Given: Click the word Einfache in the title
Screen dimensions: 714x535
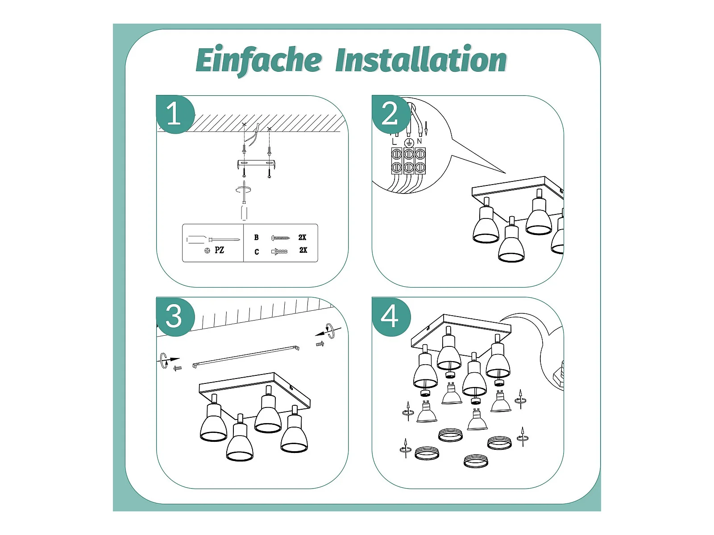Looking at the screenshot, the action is pos(258,60).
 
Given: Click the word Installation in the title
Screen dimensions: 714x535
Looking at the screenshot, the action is pos(421,60).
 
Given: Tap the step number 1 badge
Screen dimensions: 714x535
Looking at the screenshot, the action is pos(174,114).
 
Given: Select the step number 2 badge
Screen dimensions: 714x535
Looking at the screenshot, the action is pos(390,114).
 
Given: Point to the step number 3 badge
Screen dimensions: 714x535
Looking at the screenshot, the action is pos(174,317).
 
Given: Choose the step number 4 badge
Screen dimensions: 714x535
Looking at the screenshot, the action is pos(390,317).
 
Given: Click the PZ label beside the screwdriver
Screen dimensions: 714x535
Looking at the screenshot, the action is pos(219,250).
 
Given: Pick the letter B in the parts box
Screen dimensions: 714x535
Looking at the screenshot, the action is pos(257,238).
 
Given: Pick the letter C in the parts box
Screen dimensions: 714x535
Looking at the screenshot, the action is pos(257,252).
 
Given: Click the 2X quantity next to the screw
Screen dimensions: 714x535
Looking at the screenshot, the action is pos(302,238).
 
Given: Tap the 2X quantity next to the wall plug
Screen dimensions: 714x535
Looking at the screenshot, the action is pos(303,250).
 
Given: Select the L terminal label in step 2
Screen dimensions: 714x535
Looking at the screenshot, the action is pos(394,141).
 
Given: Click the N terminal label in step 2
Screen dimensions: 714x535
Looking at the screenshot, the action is pos(419,141).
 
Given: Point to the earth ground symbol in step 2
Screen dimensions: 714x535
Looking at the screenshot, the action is pos(408,143).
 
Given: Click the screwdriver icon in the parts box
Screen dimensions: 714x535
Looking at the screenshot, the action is pos(213,240).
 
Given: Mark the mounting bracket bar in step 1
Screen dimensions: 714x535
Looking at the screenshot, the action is pos(257,164).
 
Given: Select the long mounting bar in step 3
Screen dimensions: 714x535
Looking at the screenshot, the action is pos(246,357).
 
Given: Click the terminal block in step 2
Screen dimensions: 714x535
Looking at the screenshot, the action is pos(408,161).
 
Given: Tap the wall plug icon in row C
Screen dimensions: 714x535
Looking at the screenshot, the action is pos(279,251).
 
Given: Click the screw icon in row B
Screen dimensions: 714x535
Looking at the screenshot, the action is pos(281,238).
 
